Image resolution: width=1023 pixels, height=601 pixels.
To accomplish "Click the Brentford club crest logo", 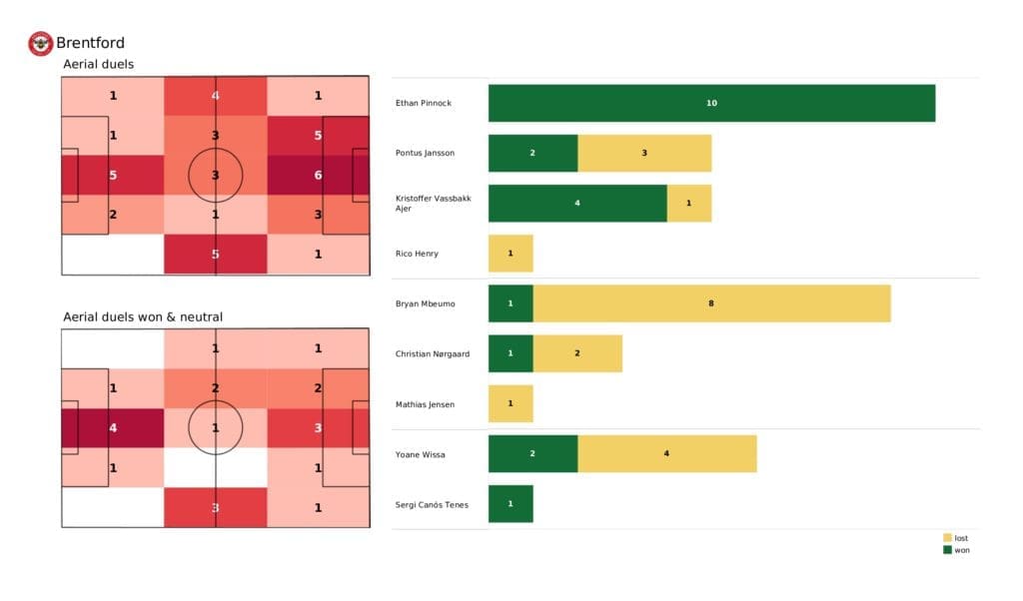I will click(x=40, y=43).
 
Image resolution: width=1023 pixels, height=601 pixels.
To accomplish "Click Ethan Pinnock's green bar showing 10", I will click(x=711, y=103).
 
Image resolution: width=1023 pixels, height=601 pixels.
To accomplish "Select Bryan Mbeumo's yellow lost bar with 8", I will click(x=711, y=303).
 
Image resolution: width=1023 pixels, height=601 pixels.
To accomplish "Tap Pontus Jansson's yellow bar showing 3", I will click(x=644, y=153).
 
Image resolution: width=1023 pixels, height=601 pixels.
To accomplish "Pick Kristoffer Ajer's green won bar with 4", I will click(x=577, y=203).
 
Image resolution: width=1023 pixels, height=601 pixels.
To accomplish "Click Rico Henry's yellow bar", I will click(x=511, y=254).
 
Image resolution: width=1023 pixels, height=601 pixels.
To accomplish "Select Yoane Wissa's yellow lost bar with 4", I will click(x=666, y=454).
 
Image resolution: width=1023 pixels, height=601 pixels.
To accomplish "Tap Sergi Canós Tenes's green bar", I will click(x=511, y=504).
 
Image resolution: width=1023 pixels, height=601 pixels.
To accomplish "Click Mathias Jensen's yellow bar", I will click(x=511, y=403).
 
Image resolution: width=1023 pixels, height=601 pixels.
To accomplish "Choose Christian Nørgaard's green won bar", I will click(x=511, y=353).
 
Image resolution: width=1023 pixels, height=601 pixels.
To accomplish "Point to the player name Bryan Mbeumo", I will click(x=426, y=303).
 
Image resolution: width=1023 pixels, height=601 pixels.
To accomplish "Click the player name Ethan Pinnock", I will click(x=425, y=103).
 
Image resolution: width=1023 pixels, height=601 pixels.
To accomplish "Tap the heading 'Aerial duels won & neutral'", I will click(x=143, y=317).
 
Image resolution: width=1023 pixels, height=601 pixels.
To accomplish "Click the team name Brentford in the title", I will click(x=90, y=43).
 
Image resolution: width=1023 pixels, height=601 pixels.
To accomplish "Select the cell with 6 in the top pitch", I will click(x=318, y=175).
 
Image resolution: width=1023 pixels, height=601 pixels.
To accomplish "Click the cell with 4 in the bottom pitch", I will click(x=112, y=428).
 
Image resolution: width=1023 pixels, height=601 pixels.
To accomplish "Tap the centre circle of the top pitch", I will click(x=215, y=175).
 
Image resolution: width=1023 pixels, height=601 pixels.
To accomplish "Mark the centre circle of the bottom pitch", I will click(x=215, y=428).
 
